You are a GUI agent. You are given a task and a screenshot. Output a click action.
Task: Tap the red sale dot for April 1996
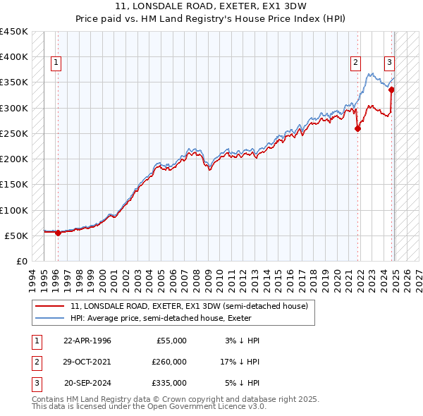point(58,233)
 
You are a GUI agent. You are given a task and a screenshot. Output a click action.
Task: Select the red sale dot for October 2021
point(358,128)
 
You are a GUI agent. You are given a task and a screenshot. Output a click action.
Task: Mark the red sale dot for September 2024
point(392,90)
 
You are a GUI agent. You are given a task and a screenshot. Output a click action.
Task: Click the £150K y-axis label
point(14,185)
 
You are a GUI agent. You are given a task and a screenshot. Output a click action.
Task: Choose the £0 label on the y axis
point(22,262)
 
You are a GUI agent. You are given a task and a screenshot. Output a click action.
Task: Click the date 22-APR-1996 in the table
point(87,341)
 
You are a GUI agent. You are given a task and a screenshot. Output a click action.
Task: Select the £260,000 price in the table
point(169,362)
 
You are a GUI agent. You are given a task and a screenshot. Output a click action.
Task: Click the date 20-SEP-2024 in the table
point(87,383)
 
